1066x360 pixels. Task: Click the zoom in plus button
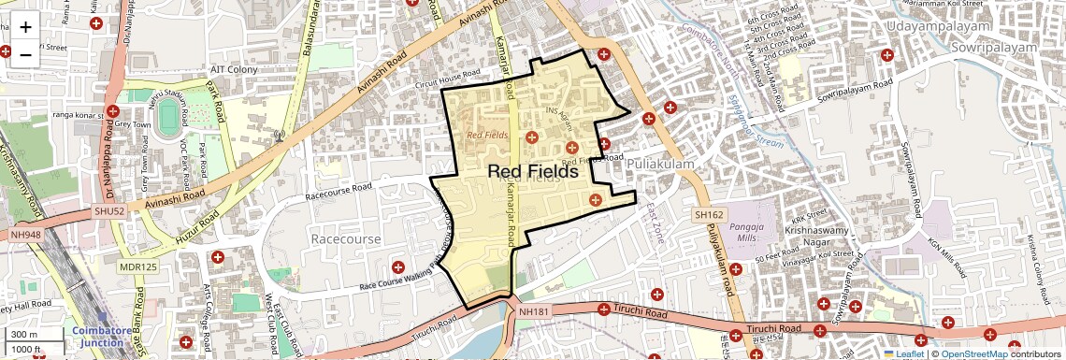coord(25,27)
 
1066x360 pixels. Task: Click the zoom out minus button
coord(25,54)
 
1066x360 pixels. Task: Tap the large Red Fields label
coord(533,171)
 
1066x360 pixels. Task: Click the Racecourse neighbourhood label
coord(346,239)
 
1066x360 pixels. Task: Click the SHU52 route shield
coord(108,211)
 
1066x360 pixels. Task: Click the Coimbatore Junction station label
coord(97,337)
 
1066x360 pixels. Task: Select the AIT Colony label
coord(229,69)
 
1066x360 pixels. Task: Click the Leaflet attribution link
coord(903,353)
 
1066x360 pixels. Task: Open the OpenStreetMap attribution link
coord(973,353)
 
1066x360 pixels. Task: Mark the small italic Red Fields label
coord(486,135)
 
